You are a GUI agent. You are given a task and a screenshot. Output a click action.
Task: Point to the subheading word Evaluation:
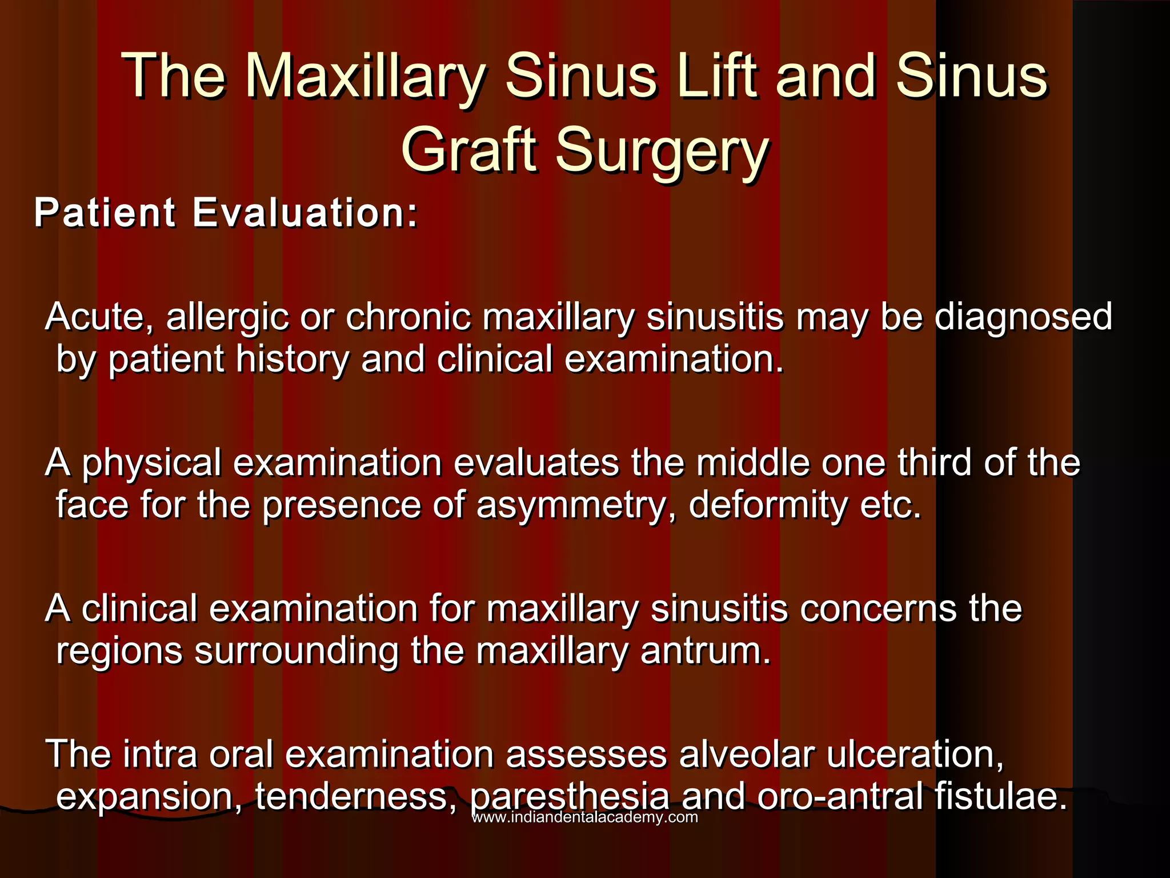click(306, 213)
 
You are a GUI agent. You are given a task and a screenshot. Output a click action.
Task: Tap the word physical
click(151, 464)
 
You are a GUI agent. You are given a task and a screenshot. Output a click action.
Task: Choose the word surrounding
click(296, 652)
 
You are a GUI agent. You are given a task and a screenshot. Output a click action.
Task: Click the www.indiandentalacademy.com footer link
click(584, 817)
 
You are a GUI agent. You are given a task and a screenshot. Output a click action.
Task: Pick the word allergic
click(227, 318)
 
